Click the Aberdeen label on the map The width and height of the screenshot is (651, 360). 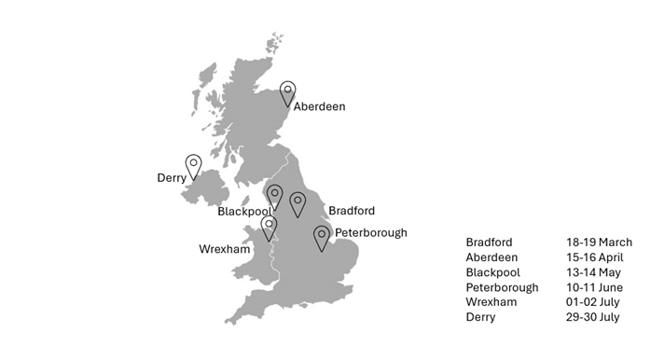pos(319,106)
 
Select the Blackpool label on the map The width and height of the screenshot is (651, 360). pos(243,212)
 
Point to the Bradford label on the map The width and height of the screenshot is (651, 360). pos(353,211)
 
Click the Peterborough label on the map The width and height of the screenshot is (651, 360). pos(370,232)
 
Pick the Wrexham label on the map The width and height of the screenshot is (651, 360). pos(225,249)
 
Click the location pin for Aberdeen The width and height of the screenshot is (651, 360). pos(288,91)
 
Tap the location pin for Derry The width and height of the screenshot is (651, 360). pos(193,166)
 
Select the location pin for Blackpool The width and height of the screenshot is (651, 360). pos(274,196)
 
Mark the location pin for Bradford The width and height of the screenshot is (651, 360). pos(297,202)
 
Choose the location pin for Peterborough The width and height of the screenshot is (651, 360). pos(322,236)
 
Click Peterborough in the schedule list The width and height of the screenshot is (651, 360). pos(502,287)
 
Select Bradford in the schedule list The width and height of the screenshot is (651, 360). pos(489,242)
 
